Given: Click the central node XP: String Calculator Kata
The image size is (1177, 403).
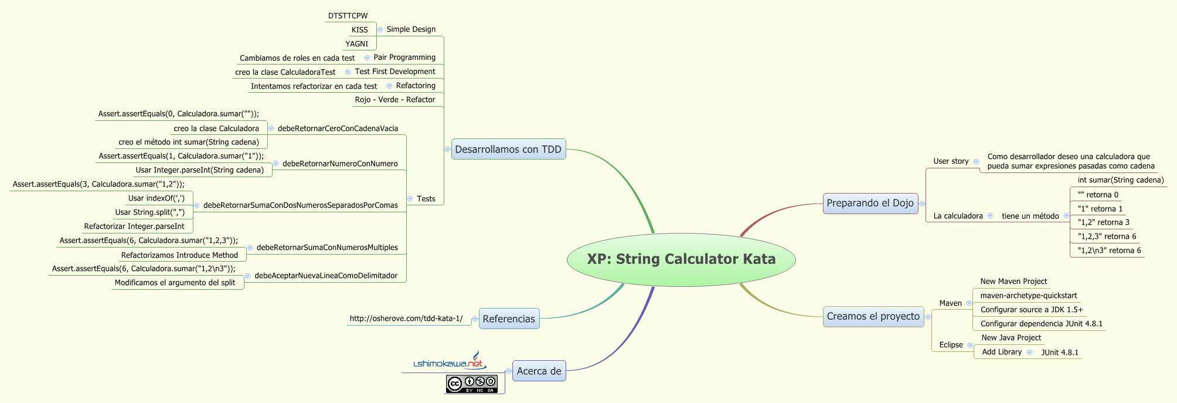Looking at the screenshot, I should click(x=681, y=259).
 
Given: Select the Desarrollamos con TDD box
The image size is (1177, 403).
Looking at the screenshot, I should click(x=508, y=150).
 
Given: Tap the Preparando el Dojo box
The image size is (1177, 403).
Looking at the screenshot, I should click(x=870, y=204).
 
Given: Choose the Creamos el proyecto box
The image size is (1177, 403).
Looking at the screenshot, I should click(x=873, y=317).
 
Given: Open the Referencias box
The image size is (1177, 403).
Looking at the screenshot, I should click(x=509, y=319).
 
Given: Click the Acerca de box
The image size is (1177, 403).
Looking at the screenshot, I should click(x=539, y=371).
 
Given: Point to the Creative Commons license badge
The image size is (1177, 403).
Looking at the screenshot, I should click(x=471, y=384).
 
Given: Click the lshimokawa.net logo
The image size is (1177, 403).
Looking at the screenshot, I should click(x=449, y=363).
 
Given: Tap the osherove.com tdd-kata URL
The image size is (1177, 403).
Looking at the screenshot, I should click(x=406, y=319).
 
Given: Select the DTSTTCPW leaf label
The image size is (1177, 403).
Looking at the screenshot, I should click(x=348, y=16).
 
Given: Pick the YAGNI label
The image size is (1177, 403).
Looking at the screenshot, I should click(x=356, y=44).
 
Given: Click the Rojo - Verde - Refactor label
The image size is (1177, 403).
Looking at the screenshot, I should click(x=394, y=100).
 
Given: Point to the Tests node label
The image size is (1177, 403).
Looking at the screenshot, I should click(x=426, y=199).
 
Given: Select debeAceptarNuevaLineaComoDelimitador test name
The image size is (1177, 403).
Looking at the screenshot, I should click(x=325, y=276).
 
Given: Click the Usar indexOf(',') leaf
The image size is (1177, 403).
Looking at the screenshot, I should click(x=156, y=198).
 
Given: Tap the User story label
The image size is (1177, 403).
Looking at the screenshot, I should click(x=951, y=161).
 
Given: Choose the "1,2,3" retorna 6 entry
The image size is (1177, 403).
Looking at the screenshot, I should click(x=1107, y=236).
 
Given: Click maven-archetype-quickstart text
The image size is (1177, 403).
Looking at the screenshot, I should click(x=1028, y=296).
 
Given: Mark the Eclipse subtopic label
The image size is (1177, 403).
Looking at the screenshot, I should click(x=951, y=345).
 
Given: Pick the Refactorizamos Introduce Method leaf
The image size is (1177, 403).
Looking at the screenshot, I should click(x=179, y=255).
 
